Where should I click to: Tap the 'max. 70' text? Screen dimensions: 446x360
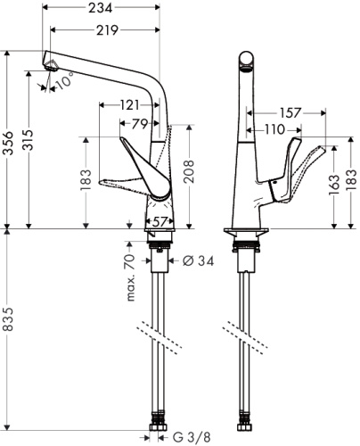click(x=129, y=276)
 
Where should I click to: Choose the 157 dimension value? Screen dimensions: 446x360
click(x=289, y=113)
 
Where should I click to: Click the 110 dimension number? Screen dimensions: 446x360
click(x=274, y=130)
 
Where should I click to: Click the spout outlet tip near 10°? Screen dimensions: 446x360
click(x=51, y=65)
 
